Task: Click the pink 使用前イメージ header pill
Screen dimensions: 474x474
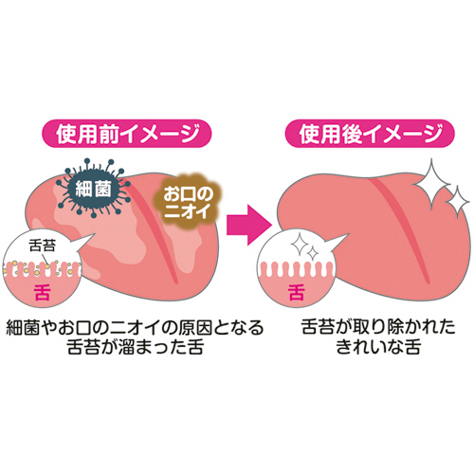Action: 126,134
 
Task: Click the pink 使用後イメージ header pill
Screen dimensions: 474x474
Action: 370,134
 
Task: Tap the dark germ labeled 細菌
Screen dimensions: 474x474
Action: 94,189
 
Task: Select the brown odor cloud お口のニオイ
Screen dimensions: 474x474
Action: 187,202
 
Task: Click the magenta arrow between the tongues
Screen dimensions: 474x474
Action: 249,225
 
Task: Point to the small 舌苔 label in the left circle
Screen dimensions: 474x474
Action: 42,246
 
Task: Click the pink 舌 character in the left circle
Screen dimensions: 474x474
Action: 43,292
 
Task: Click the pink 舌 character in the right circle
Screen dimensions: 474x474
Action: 296,292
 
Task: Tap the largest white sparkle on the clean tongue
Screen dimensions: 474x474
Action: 430,184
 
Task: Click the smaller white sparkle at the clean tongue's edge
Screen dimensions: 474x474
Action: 457,202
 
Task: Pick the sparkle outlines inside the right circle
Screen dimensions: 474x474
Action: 304,247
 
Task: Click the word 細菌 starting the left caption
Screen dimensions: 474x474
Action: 23,328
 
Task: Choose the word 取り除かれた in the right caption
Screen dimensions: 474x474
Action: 404,327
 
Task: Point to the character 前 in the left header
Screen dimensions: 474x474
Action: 109,134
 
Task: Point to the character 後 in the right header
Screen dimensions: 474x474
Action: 352,134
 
